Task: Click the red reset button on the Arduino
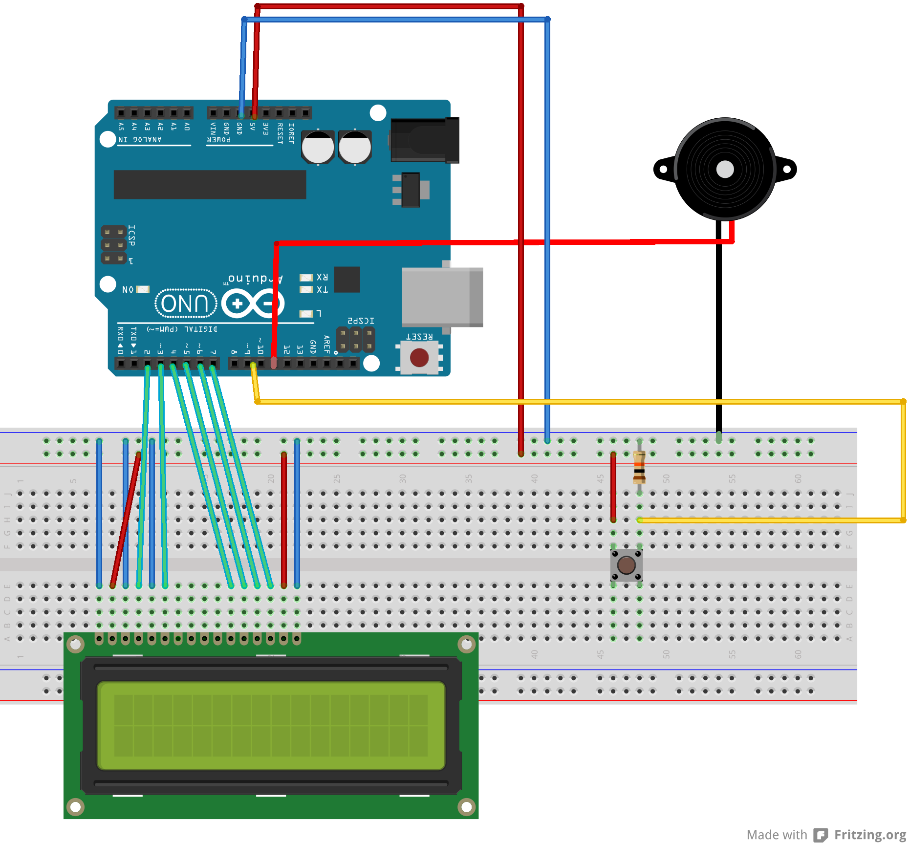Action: pos(419,358)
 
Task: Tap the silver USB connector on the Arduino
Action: pos(441,297)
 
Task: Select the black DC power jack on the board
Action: pos(424,140)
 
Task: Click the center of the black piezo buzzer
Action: pos(725,170)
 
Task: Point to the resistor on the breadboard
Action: pos(639,468)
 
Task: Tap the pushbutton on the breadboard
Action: pos(626,565)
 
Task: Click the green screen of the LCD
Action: pos(271,725)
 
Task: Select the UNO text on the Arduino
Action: pos(185,303)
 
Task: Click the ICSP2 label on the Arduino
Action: pos(361,321)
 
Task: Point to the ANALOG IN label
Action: pos(140,140)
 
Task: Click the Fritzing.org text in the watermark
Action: pos(870,835)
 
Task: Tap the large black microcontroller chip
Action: pos(210,184)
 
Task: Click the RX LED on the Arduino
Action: pos(306,278)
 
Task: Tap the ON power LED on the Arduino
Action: pos(143,289)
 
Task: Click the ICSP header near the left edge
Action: pos(113,244)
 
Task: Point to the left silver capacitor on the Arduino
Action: pos(318,147)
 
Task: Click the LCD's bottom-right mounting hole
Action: pos(466,806)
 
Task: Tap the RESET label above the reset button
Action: pos(419,337)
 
